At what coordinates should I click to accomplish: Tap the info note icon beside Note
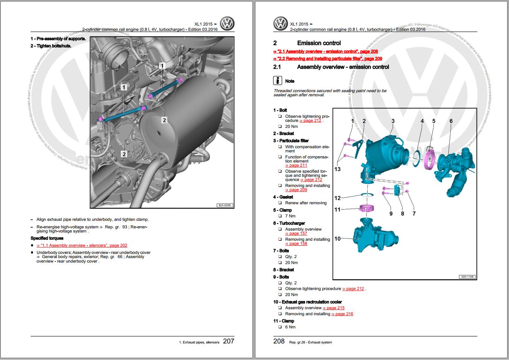point(277,81)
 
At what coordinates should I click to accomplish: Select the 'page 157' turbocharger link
point(296,234)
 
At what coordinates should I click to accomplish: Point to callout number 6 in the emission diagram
point(451,121)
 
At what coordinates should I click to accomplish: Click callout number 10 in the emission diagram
point(337,238)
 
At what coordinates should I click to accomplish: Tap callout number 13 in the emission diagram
point(337,169)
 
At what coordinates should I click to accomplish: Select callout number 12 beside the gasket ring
point(337,198)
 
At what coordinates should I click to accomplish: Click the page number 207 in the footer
point(228,341)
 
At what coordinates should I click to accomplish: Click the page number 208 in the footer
point(279,341)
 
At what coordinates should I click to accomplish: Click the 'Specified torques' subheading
point(47,238)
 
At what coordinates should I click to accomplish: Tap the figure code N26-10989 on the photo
point(225,205)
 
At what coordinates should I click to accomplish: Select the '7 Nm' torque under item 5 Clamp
point(290,216)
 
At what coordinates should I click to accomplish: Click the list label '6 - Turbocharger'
point(289,223)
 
